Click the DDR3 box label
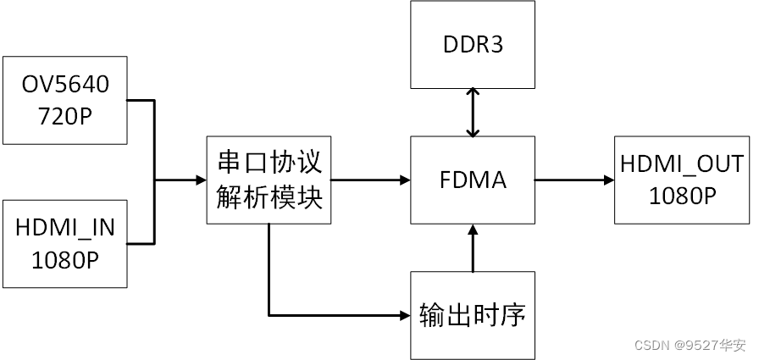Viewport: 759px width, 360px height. tap(473, 43)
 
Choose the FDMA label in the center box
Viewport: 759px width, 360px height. tap(473, 180)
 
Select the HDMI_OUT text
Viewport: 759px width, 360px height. tap(682, 163)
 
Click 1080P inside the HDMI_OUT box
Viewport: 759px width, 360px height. tap(682, 196)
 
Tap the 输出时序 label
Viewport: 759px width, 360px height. tap(473, 315)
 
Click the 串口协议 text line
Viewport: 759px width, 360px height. tap(269, 163)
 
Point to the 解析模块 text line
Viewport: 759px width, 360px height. tap(269, 197)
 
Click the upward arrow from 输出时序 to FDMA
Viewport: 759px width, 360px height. tap(473, 249)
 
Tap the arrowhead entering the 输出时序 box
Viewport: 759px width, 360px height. tap(403, 316)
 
